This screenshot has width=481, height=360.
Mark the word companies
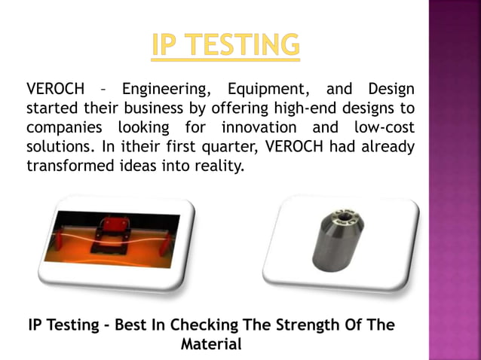click(x=63, y=127)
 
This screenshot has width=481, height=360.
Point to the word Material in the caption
click(x=211, y=345)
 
